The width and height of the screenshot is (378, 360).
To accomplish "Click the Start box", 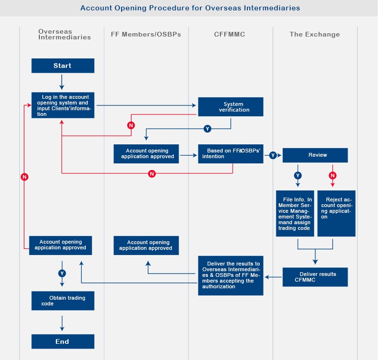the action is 63,66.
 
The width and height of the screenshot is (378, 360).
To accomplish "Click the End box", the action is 63,341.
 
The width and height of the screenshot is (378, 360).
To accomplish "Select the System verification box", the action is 231,107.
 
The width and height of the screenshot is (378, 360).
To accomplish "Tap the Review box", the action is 315,155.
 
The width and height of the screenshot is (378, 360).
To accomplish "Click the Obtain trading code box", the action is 63,301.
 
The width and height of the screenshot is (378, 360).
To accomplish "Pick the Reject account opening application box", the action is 336,213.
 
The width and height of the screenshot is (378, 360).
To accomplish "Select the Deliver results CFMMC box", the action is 315,277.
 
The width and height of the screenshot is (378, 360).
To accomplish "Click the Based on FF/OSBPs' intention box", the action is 231,154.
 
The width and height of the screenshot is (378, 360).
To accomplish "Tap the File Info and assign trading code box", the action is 295,213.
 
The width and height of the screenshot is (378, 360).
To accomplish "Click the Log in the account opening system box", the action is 63,105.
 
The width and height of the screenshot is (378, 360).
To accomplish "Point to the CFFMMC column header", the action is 229,34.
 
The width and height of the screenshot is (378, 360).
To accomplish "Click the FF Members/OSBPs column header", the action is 146,34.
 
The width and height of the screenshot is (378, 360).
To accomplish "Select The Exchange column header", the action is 314,34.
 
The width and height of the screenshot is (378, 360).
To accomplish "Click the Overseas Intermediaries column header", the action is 65,34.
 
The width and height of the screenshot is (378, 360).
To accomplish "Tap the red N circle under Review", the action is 333,175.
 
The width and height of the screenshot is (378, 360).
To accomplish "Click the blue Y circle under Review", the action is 298,175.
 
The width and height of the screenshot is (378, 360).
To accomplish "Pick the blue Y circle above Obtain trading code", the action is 62,273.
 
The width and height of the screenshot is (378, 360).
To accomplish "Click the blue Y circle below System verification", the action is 208,129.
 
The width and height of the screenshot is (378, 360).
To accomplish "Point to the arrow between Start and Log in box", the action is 62,82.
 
